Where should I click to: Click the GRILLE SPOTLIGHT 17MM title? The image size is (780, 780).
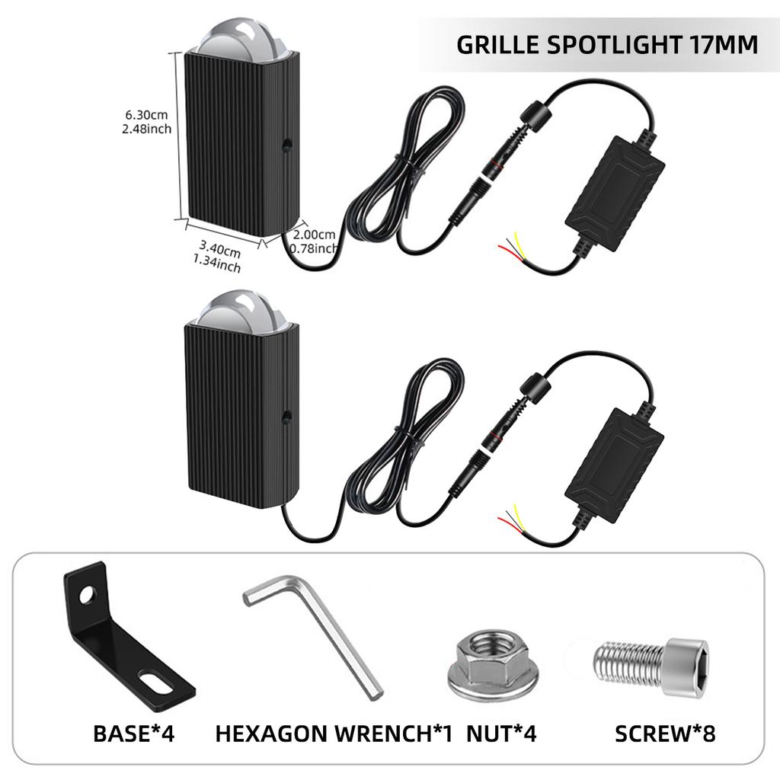click(x=607, y=44)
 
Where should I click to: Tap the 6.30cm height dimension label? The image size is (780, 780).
click(x=146, y=122)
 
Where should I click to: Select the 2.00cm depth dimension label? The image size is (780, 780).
click(x=314, y=241)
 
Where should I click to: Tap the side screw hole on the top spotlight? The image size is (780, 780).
click(x=286, y=144)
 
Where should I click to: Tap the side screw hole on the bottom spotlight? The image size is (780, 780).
click(x=286, y=417)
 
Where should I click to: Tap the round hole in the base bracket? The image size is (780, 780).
click(x=88, y=593)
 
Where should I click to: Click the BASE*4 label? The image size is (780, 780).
click(x=134, y=734)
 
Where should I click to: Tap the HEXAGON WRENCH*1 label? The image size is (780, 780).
click(x=334, y=734)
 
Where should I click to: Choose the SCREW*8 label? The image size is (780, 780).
click(x=665, y=734)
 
